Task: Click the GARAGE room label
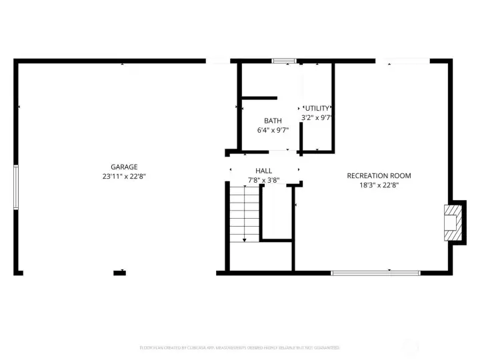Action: (124, 167)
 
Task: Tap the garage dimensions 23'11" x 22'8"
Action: (124, 177)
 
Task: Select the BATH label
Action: (273, 121)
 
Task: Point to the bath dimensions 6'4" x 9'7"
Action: (273, 131)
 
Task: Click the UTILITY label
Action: (317, 108)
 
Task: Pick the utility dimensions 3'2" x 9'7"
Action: (317, 117)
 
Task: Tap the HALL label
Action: (263, 171)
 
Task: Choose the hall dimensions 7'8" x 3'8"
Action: (263, 180)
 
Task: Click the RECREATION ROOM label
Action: (379, 176)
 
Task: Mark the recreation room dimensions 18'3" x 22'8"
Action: (379, 186)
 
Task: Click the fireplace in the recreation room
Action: (453, 221)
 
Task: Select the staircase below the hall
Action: (244, 213)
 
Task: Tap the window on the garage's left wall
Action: (16, 187)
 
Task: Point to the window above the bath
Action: (284, 61)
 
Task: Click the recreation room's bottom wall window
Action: (375, 272)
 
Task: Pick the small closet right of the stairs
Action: (276, 212)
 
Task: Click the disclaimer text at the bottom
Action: (239, 347)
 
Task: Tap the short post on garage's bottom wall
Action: (120, 271)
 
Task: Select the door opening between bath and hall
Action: (279, 151)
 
